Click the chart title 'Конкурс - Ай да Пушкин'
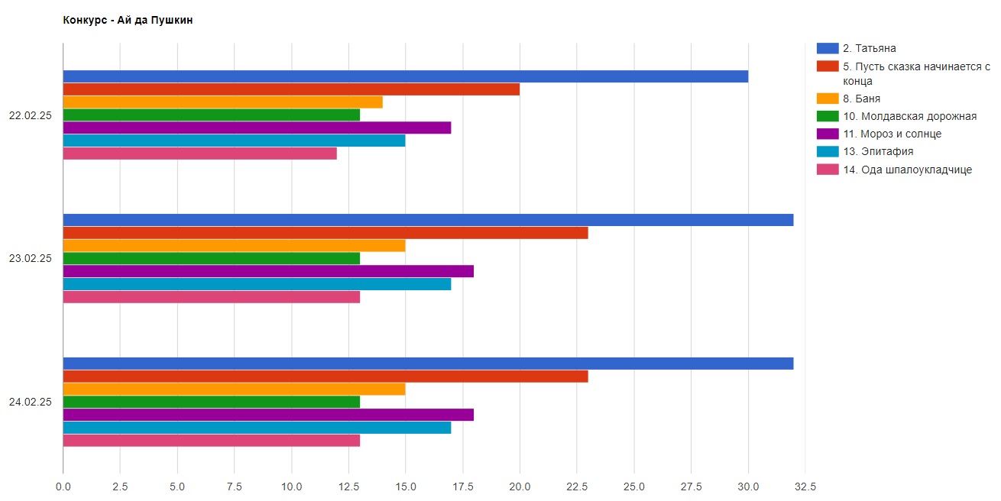tap(128, 21)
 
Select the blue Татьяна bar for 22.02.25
tap(405, 76)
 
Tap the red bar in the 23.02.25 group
tap(325, 233)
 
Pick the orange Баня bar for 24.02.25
tap(234, 389)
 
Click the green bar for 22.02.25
tap(211, 115)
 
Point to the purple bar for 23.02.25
tap(267, 271)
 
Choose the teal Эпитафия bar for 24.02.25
tap(257, 428)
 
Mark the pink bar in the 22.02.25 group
tap(199, 154)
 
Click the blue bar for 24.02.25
tap(428, 364)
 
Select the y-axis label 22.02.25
tap(30, 115)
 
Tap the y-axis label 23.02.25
tap(30, 258)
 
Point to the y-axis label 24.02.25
tap(30, 402)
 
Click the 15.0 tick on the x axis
tap(405, 486)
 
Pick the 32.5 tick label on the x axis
tap(805, 486)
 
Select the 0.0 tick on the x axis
tap(63, 486)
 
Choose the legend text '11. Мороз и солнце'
tap(892, 134)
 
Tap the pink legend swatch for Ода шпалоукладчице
tap(828, 170)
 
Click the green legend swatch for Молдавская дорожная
tap(828, 116)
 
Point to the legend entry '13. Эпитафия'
tap(878, 151)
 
